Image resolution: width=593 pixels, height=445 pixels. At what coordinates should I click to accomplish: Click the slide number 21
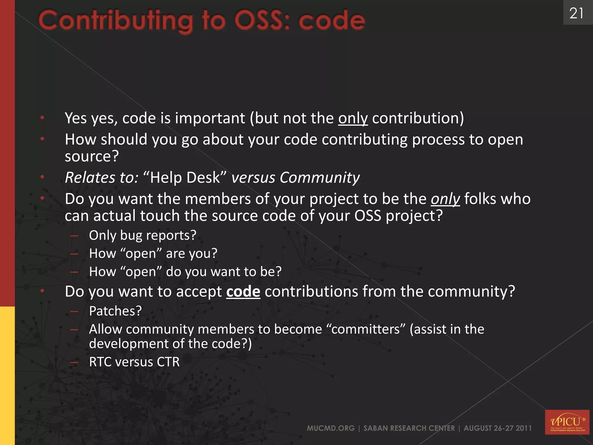pos(576,13)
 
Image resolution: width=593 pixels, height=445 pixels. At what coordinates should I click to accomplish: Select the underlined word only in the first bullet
pos(353,118)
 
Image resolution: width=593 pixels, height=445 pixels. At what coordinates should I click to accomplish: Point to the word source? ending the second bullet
pos(92,156)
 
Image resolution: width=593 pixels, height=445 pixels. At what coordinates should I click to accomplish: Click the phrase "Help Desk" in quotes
pos(185,177)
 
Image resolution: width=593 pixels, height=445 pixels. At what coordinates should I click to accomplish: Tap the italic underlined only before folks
pos(445,199)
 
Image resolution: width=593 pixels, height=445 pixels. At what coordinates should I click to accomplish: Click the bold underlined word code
pos(243,291)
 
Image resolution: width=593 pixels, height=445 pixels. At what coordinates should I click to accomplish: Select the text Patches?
pos(115,311)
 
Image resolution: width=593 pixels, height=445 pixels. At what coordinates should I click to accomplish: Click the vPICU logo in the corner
pos(567,422)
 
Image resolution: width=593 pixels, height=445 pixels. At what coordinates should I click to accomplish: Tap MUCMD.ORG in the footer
pos(331,428)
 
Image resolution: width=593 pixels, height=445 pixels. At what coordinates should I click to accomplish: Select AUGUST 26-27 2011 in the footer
pos(497,428)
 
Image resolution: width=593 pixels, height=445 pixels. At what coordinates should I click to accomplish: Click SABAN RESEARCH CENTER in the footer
pos(409,428)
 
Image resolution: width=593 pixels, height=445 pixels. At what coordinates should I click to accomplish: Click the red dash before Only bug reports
pos(74,236)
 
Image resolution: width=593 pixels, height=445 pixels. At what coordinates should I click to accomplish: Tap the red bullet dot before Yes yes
pos(42,118)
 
